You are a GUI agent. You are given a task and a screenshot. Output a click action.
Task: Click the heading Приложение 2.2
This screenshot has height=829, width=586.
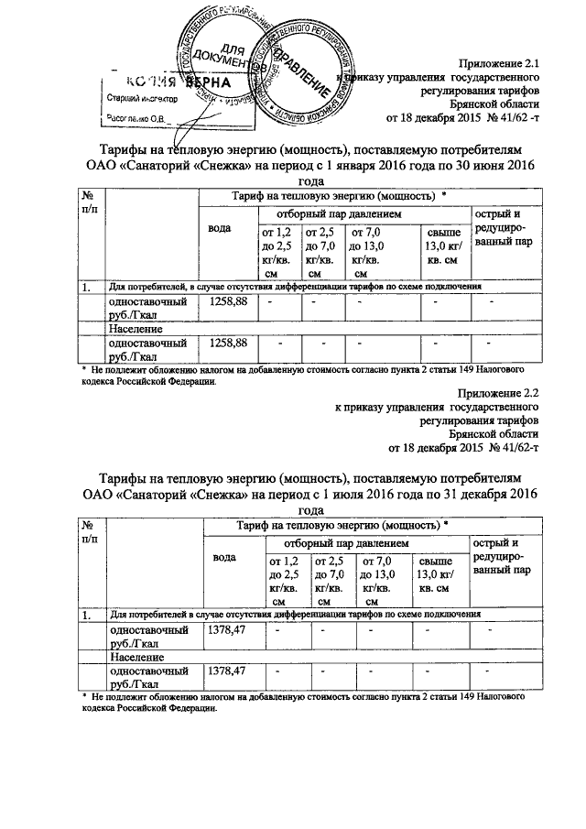[503, 392]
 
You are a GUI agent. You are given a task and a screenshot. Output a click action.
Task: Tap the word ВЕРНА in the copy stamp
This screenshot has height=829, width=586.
[211, 82]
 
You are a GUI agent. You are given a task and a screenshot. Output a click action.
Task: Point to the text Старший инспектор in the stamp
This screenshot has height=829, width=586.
[142, 97]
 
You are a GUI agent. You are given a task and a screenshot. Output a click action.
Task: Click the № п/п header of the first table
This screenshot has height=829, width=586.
[90, 203]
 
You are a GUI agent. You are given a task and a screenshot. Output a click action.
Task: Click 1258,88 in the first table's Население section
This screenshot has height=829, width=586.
[228, 344]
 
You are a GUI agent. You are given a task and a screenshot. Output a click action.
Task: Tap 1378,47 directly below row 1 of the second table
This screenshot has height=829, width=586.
[228, 630]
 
